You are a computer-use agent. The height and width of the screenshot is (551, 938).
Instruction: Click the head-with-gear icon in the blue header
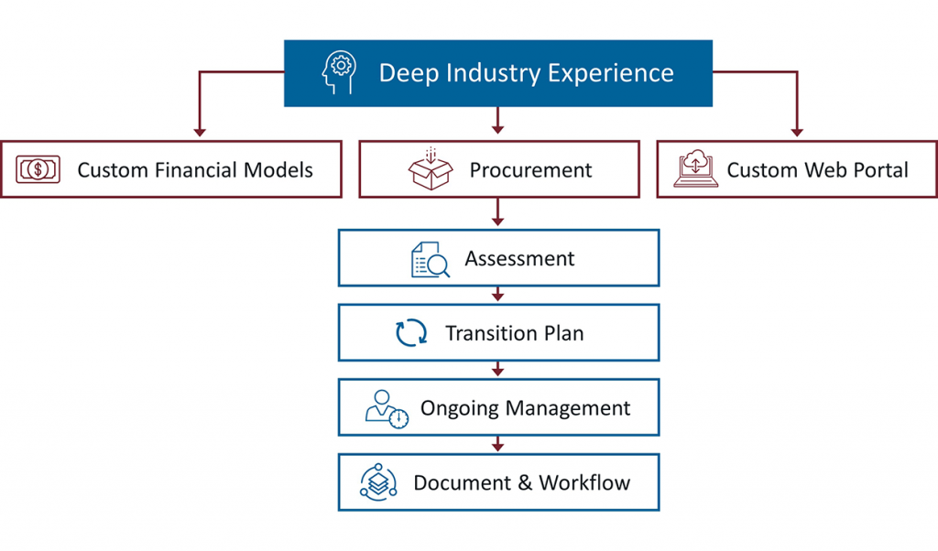coord(339,73)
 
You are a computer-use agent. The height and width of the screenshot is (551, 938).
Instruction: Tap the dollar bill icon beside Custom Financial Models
coord(38,169)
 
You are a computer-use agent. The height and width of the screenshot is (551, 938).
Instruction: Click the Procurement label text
coord(530,170)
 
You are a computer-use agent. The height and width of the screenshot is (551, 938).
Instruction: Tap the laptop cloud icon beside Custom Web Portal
coord(696,170)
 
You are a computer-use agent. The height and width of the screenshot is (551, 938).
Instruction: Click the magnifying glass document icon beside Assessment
coord(430,259)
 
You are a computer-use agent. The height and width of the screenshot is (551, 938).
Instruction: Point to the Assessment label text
coord(519,259)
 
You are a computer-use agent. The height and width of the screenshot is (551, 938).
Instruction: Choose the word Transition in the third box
coord(486,333)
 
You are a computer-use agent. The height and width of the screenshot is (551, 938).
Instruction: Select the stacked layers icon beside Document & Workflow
coord(377,482)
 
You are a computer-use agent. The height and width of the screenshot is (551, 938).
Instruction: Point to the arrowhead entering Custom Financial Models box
coord(196,133)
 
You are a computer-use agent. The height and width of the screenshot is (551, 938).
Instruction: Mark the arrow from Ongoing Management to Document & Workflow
coord(498,444)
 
